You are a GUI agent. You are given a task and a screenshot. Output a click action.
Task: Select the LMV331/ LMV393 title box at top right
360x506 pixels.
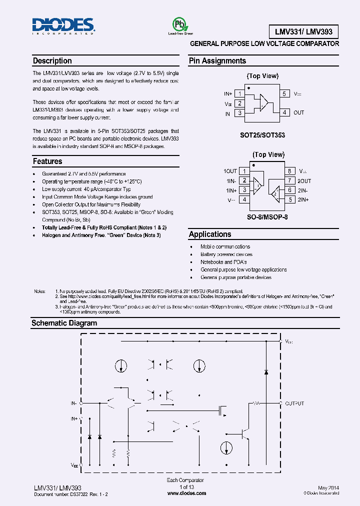(304, 32)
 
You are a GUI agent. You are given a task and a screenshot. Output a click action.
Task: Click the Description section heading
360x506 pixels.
(52, 61)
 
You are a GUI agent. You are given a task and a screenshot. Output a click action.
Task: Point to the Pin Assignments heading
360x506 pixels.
(217, 61)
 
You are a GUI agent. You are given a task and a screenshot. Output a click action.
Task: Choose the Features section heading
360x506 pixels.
(47, 161)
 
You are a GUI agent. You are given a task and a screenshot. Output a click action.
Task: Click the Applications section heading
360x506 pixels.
(210, 234)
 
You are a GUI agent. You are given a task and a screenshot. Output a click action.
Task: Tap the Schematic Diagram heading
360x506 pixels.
(64, 323)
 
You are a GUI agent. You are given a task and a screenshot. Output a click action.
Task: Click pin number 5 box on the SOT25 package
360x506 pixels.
(284, 93)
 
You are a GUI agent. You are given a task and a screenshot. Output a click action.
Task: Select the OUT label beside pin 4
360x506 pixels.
(298, 113)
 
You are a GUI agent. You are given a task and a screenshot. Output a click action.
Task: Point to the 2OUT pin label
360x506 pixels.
(304, 181)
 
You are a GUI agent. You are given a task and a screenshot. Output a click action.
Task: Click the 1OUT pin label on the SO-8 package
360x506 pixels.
(230, 171)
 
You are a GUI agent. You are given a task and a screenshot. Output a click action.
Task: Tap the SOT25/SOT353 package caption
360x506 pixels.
(262, 135)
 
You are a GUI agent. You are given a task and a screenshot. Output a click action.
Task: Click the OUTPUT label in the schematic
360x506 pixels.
(294, 403)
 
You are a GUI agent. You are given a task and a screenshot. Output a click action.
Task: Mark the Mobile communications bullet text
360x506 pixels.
(225, 246)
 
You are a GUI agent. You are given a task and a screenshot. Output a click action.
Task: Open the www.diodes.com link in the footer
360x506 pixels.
(186, 493)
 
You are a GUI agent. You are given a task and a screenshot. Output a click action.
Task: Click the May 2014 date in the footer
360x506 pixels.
(328, 487)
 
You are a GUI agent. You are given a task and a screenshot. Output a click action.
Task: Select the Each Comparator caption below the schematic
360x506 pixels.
(185, 480)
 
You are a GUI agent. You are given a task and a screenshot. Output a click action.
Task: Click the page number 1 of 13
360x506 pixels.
(186, 487)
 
